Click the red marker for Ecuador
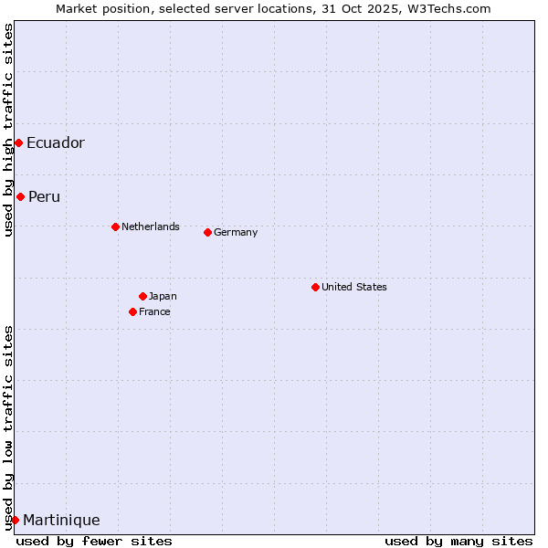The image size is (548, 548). (18, 142)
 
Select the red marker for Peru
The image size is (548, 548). (20, 196)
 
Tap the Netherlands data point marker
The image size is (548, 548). (115, 227)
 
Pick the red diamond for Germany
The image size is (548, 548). (207, 232)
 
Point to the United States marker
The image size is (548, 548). (315, 287)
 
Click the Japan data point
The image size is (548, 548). (142, 296)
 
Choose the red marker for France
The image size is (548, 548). (132, 311)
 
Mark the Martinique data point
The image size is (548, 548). (15, 520)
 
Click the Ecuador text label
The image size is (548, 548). (56, 142)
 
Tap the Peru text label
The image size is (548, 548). (44, 196)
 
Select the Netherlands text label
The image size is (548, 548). (151, 227)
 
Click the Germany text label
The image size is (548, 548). (236, 232)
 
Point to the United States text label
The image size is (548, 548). (354, 287)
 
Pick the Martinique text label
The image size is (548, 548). (61, 520)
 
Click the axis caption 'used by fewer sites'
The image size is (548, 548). (94, 541)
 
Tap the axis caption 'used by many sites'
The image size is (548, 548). (458, 541)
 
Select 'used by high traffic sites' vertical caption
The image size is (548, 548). (8, 130)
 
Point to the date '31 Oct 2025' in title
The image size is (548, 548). (376, 8)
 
